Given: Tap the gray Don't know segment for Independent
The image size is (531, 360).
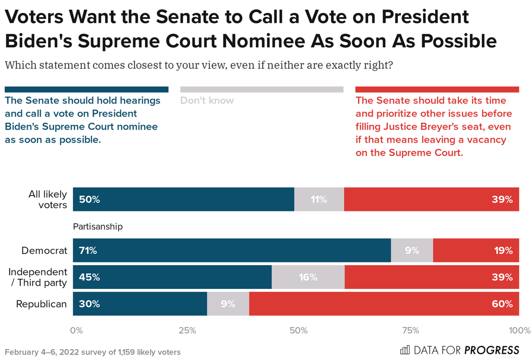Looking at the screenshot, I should coord(308,277).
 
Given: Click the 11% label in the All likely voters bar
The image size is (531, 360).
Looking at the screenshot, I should coord(319,200).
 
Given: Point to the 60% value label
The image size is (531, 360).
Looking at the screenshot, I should coord(502,304).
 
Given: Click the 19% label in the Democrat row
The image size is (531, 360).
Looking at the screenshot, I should coord(503,250).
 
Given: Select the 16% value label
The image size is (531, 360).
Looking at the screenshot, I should coord(307,277).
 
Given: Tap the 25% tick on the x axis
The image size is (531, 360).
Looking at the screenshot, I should coord(187,330).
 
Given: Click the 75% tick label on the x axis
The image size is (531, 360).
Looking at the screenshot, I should coord(411,330).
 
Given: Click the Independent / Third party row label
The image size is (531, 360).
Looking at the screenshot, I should coord(38,277).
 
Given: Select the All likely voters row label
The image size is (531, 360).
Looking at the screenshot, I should coord(48,200).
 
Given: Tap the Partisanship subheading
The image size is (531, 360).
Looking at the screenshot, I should coord(98,227).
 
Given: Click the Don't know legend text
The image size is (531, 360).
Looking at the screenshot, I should coord(207,100).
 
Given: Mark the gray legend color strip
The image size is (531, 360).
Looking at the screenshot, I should coord(262,89).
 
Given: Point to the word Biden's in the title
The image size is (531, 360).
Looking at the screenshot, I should coord(38,41).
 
